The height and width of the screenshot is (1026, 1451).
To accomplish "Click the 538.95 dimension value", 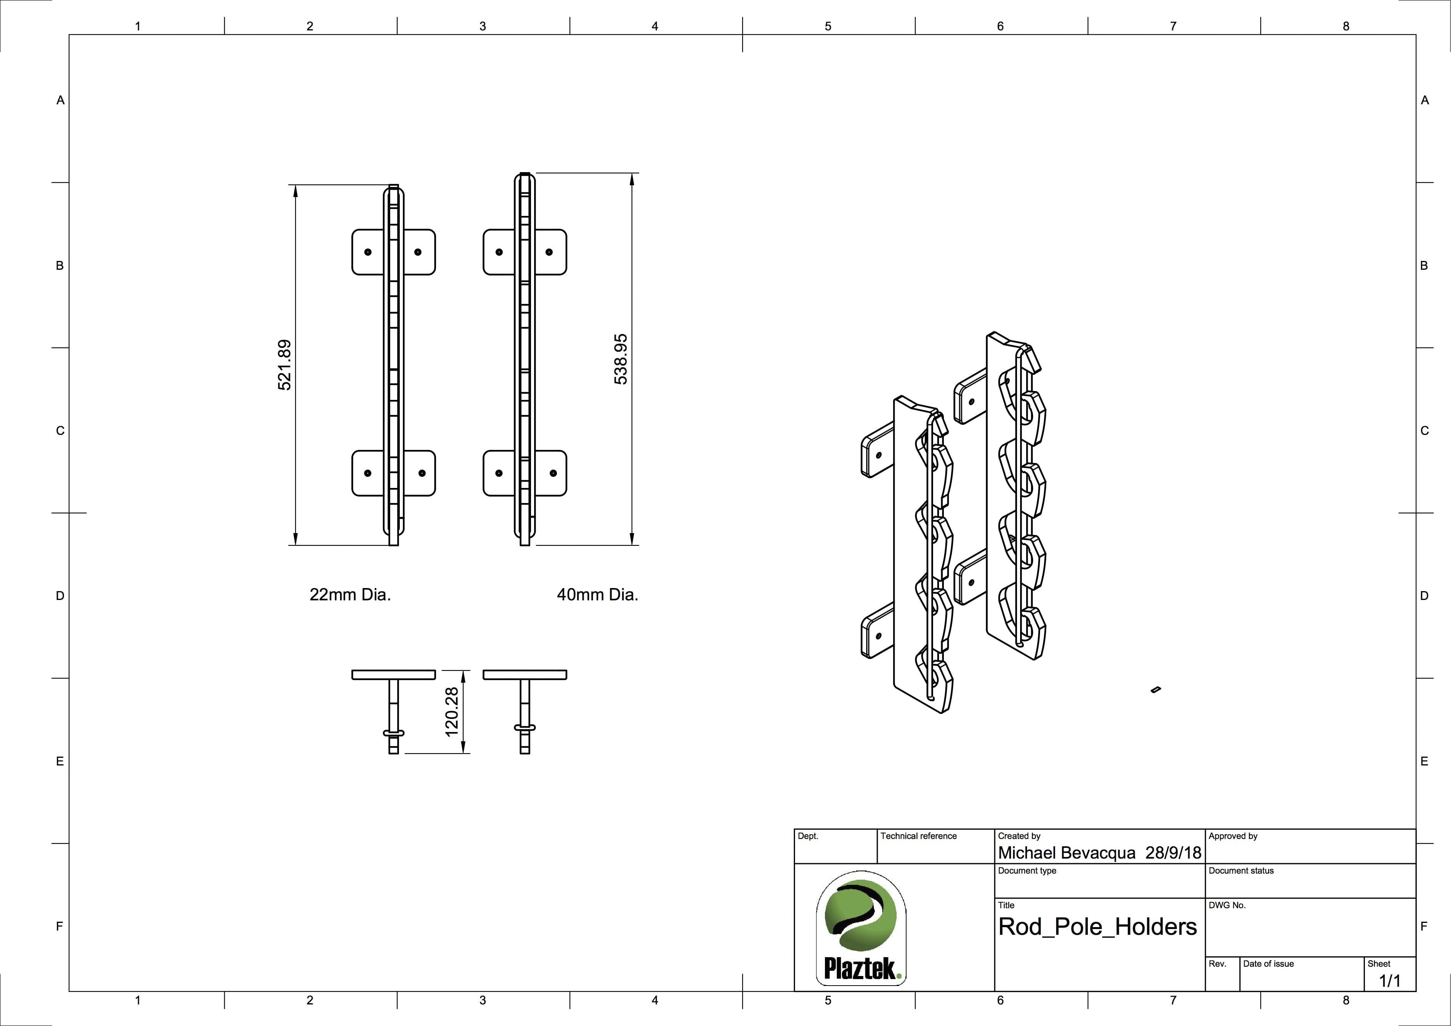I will point(621,359).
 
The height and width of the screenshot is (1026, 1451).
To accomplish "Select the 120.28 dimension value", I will point(451,712).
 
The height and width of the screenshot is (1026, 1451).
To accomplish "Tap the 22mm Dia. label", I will point(350,595).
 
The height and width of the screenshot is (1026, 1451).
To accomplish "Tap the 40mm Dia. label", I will point(597,595).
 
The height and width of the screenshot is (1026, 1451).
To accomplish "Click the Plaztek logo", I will point(861,927).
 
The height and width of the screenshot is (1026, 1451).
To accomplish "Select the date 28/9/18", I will point(1173,853).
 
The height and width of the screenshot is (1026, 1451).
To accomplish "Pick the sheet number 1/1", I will point(1390,981).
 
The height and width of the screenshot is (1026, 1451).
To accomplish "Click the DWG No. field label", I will point(1227,905).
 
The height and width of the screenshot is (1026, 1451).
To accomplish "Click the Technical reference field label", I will point(918,836).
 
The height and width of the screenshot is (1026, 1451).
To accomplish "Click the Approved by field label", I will point(1232,836).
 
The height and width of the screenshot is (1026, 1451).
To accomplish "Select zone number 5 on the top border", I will point(828,26).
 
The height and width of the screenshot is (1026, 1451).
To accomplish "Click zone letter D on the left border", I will point(60,595).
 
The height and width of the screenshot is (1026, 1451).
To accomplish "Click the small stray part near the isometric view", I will point(1157,689).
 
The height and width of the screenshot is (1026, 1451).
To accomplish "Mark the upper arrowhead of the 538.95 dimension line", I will point(632,178).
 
